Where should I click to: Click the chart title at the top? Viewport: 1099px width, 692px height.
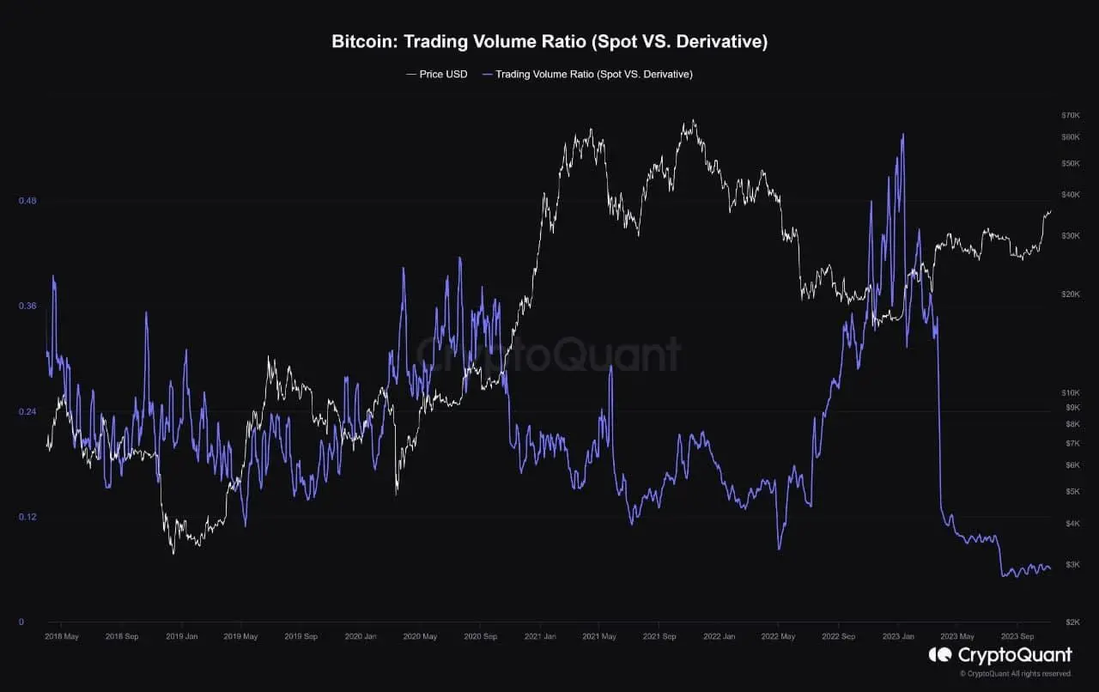click(x=549, y=42)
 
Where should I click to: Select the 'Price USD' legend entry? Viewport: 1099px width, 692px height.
click(x=437, y=74)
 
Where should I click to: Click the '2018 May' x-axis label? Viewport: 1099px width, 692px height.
click(x=61, y=637)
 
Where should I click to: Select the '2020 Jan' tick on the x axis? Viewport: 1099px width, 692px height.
click(x=360, y=637)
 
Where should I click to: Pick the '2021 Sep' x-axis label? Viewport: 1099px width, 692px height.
click(x=659, y=637)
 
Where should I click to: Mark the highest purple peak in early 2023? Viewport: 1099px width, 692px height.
click(x=902, y=135)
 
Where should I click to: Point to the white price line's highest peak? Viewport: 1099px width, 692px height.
click(x=692, y=121)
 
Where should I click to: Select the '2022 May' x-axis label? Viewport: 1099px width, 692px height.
click(x=778, y=637)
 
